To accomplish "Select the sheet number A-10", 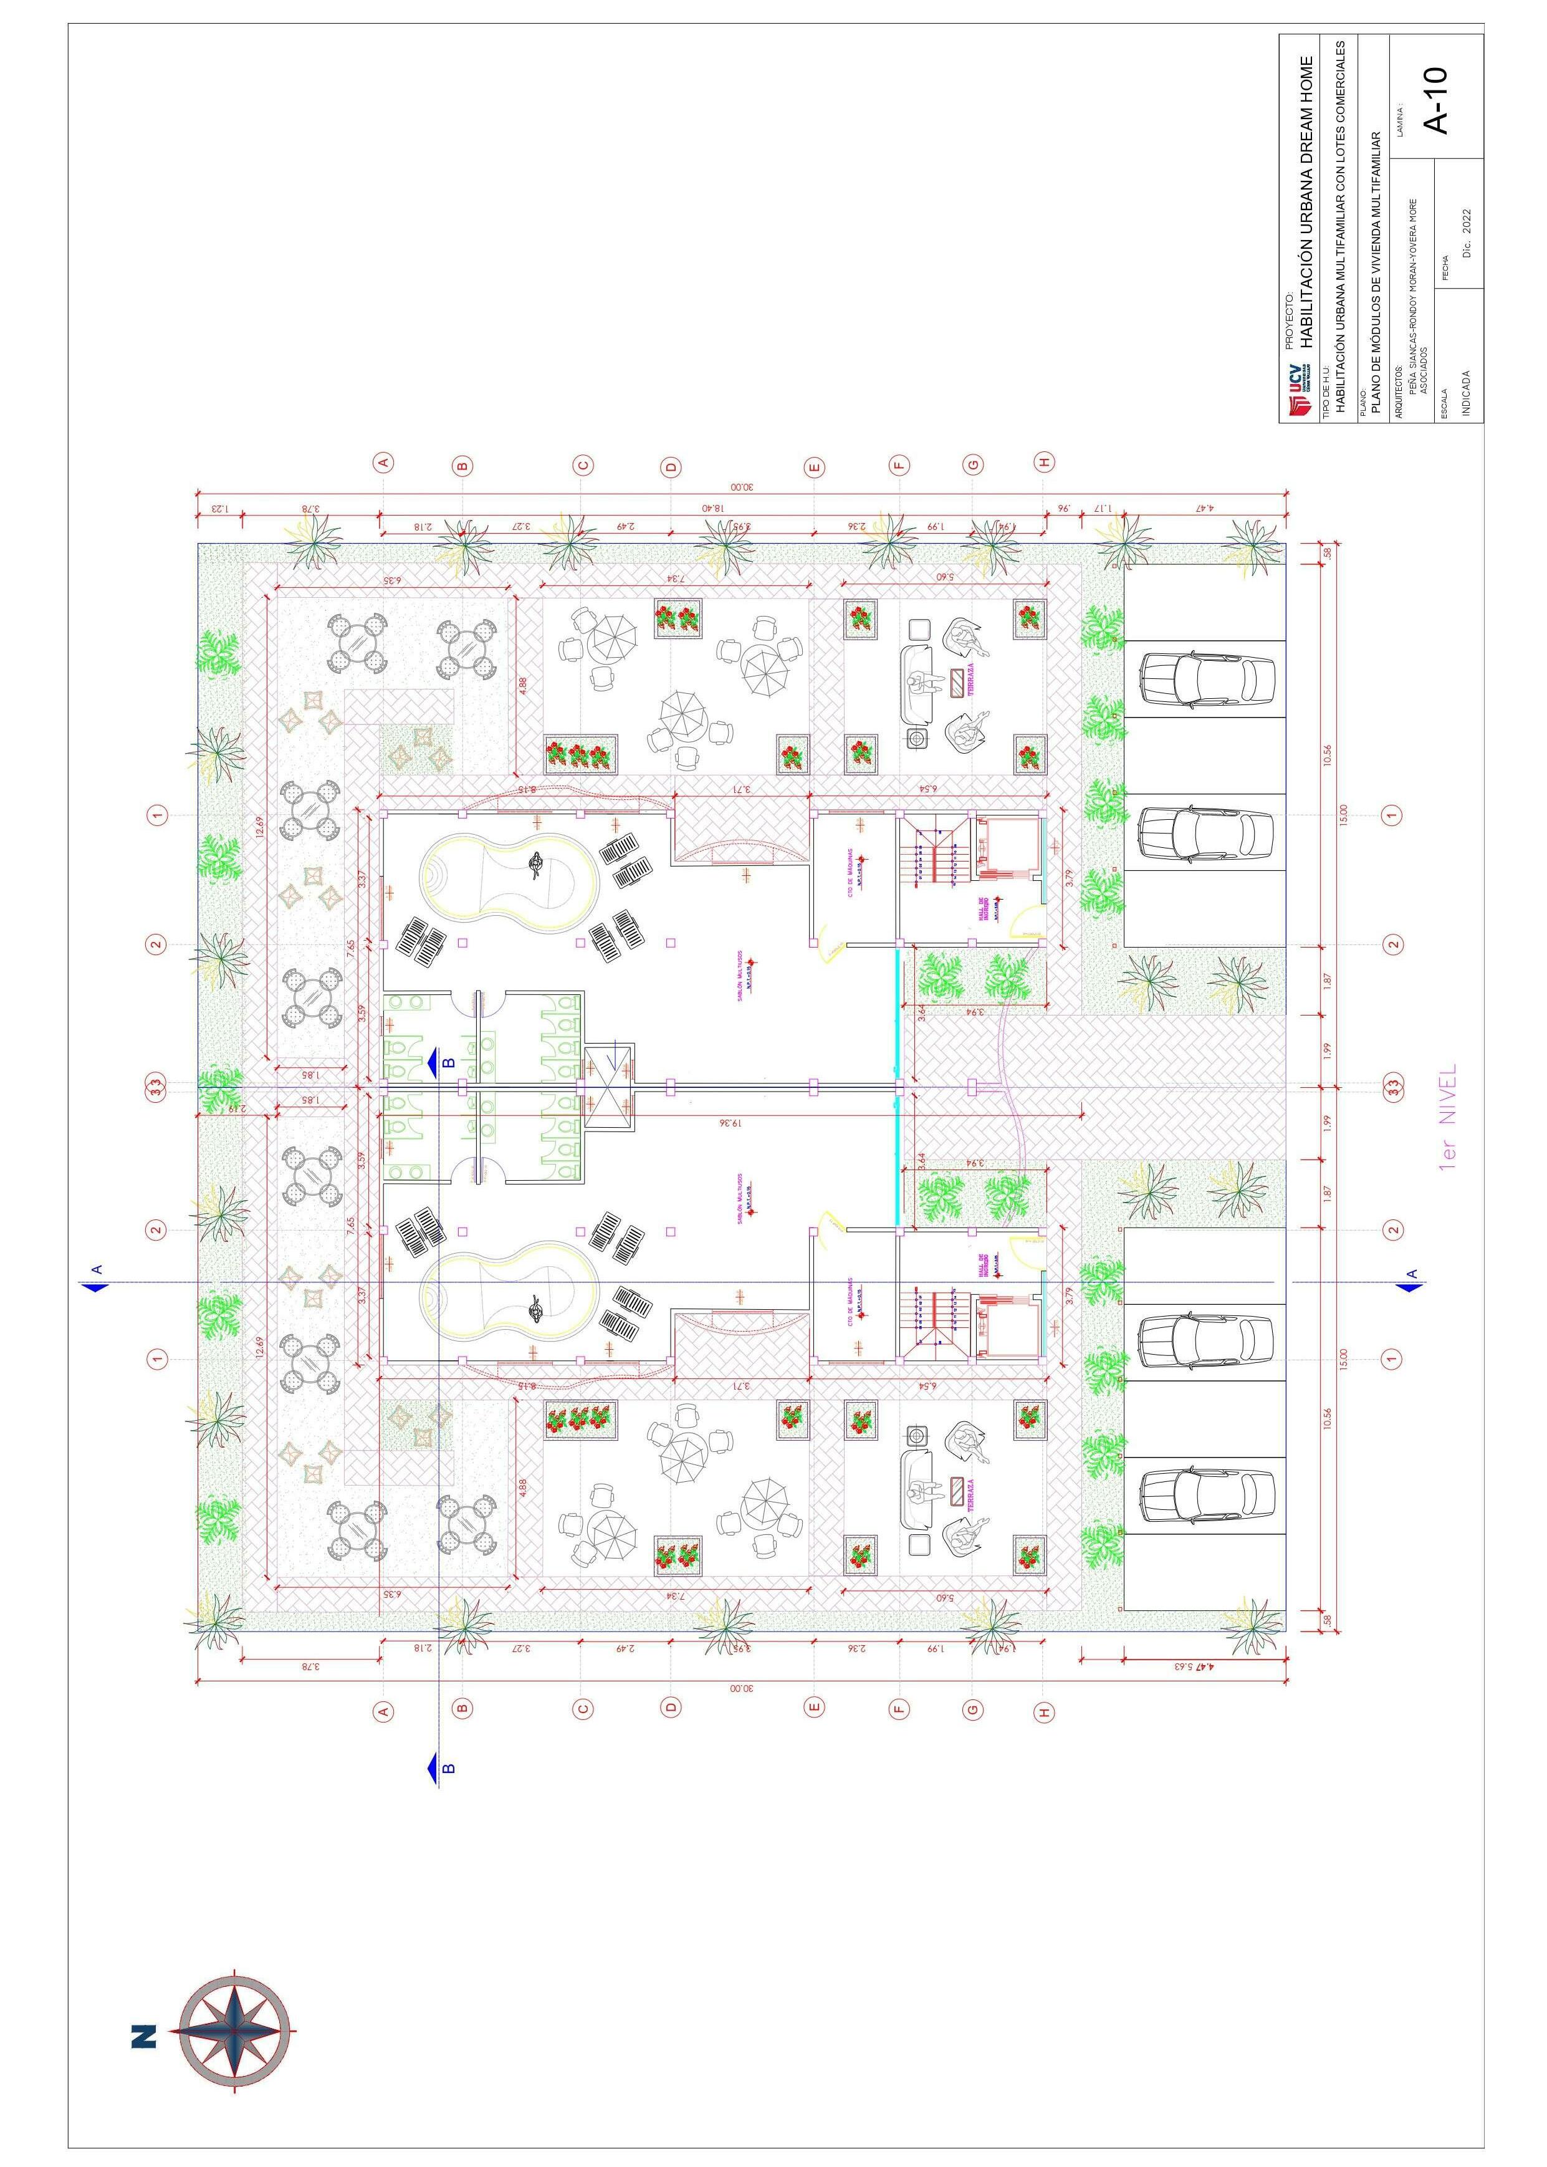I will click(1435, 99).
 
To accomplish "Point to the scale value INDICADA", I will click(1466, 393).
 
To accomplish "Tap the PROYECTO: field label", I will click(1291, 321).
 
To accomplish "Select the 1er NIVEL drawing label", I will click(1448, 1117).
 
